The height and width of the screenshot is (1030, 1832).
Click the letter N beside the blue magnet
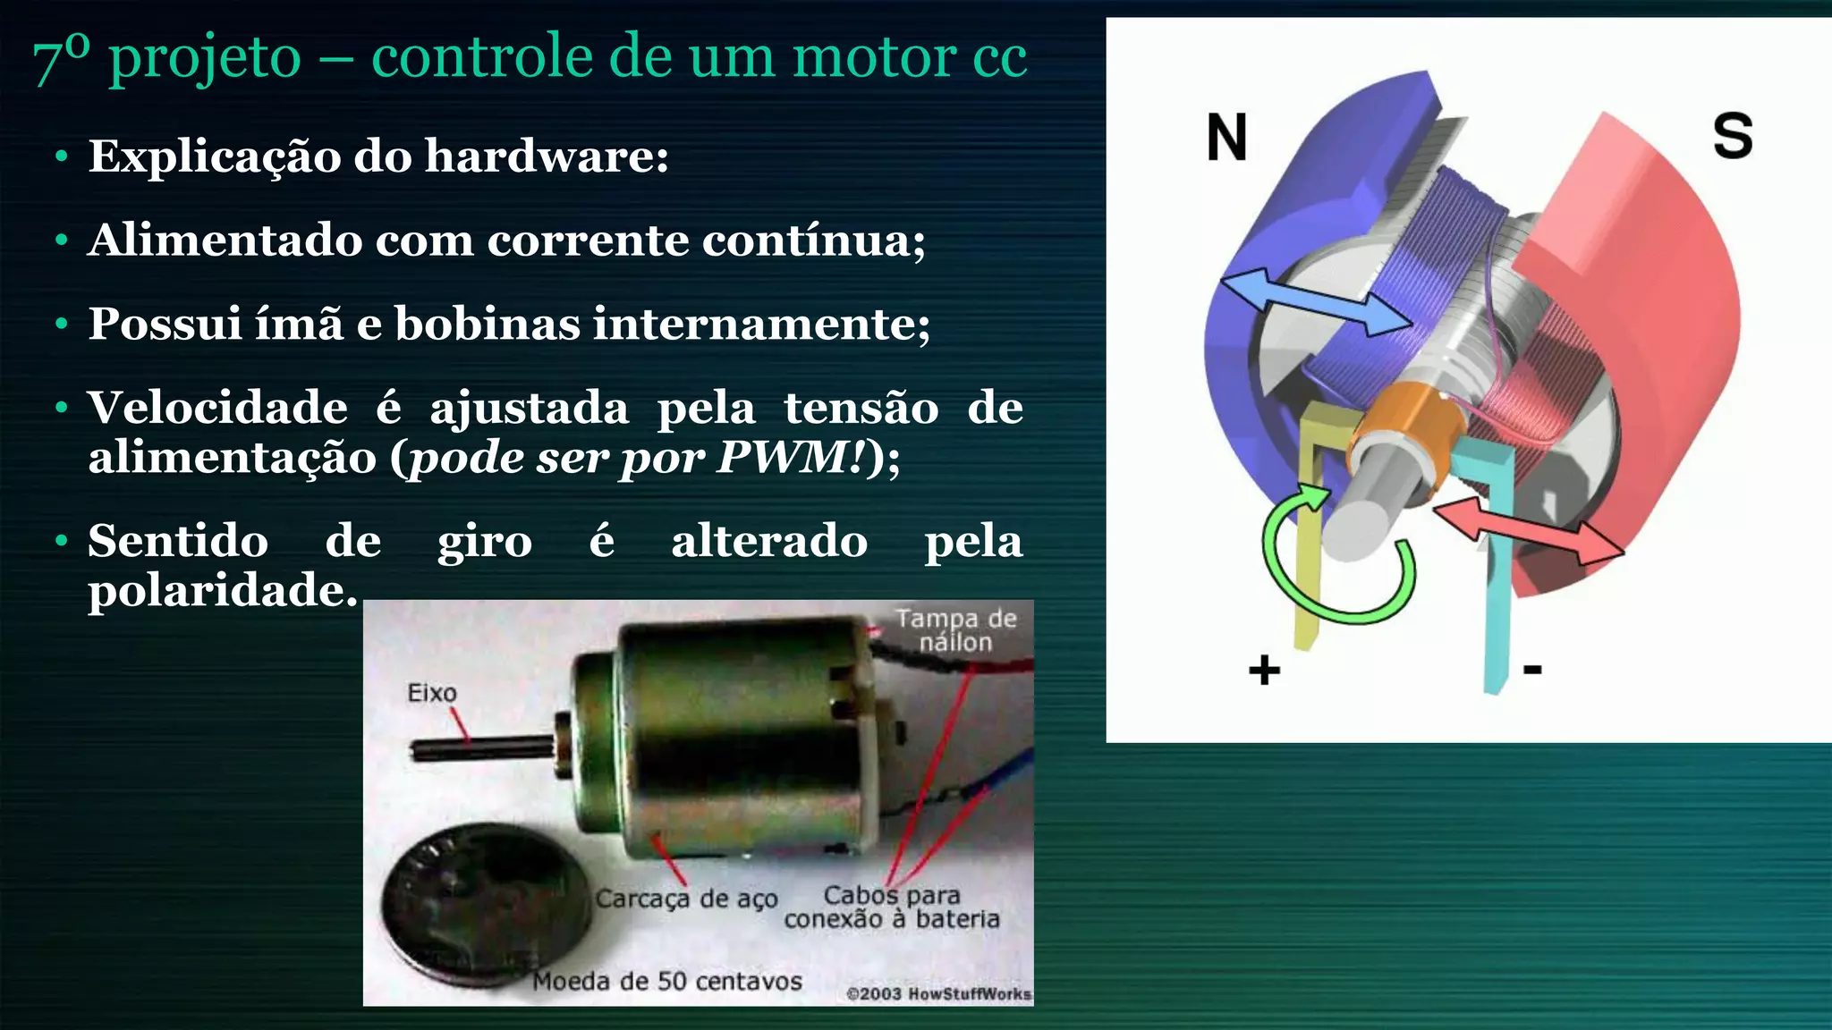coord(1226,138)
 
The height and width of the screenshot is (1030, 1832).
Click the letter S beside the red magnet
coord(1732,137)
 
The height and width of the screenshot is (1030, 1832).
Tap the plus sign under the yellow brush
coord(1264,670)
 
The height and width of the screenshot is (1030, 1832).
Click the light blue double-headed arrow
coord(1315,303)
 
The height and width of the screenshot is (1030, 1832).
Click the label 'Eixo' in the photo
coord(431,693)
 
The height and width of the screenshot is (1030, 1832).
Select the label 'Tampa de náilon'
coord(955,630)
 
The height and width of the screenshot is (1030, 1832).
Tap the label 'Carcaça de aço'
coord(686,899)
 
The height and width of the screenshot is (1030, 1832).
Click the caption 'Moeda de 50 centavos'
coord(666,982)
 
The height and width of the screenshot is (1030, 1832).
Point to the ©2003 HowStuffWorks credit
coord(938,993)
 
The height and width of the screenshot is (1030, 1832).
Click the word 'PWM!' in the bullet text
coord(791,458)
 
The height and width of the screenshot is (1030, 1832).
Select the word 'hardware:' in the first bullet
coord(547,156)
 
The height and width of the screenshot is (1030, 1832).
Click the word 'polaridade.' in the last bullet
coord(223,590)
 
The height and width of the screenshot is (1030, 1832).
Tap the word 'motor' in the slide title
coord(875,57)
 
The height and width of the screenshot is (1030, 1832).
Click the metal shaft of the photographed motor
coord(483,747)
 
